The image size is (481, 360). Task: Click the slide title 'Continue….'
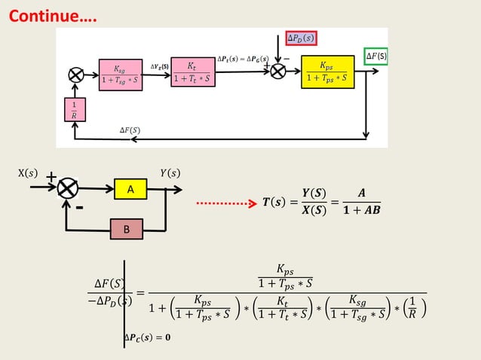coord(53,16)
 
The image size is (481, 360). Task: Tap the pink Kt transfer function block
coord(191,73)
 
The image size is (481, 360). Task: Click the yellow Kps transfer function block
coord(327,72)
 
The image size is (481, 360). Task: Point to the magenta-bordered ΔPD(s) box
coord(302,38)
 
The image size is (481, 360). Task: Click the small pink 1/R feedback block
coord(74,108)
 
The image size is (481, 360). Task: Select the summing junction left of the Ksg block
coord(75,75)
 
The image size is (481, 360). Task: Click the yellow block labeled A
coord(130,191)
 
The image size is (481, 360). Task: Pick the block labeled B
coord(126,229)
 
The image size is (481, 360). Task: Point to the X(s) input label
coord(28,173)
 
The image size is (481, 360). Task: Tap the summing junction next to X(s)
coord(69,188)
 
